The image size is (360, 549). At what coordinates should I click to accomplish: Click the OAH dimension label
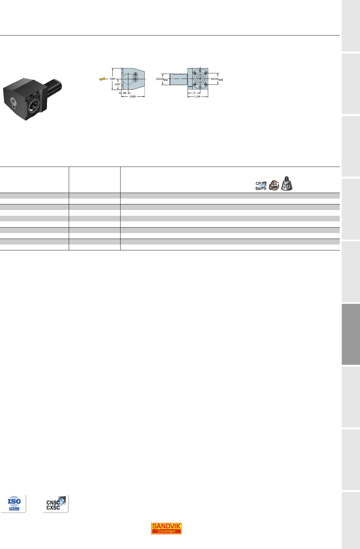(x=112, y=79)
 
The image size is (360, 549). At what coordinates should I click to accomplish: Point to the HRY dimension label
(x=118, y=84)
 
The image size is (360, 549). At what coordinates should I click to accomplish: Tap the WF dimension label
(x=125, y=93)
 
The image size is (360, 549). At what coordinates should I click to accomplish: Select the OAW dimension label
(x=133, y=96)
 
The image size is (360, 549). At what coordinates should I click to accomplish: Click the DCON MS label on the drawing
(x=162, y=80)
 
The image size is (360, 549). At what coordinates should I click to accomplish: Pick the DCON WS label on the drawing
(x=217, y=80)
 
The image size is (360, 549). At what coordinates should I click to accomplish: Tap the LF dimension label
(x=194, y=93)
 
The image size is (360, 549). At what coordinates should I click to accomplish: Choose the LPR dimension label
(x=198, y=97)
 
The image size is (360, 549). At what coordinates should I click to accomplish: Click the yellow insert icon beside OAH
(x=102, y=79)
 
